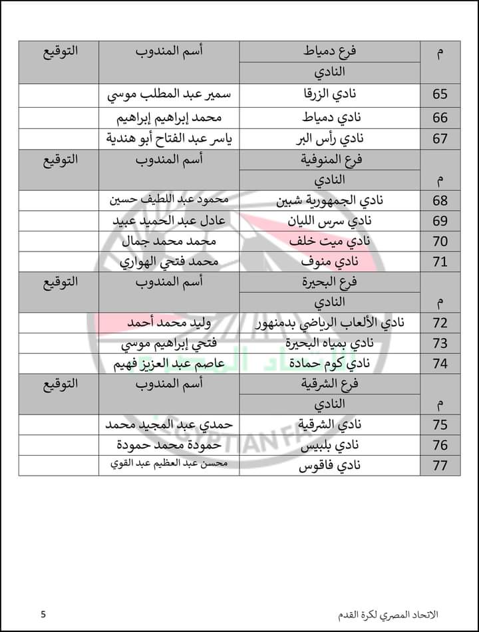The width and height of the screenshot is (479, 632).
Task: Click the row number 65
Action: click(440, 94)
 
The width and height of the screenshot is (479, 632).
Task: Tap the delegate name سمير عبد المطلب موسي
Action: click(169, 94)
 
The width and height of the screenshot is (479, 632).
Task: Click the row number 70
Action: click(440, 241)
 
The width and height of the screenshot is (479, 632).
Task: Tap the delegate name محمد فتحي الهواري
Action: click(169, 262)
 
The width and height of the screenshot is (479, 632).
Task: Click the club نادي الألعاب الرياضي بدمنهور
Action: click(331, 323)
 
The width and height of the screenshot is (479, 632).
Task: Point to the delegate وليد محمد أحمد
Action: click(169, 323)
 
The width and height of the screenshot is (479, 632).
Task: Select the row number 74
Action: click(440, 363)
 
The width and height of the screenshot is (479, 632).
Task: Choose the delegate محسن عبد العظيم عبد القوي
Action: click(169, 465)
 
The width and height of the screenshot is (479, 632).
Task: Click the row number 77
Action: click(440, 465)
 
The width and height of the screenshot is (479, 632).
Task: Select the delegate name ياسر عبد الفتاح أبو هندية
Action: click(169, 139)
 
